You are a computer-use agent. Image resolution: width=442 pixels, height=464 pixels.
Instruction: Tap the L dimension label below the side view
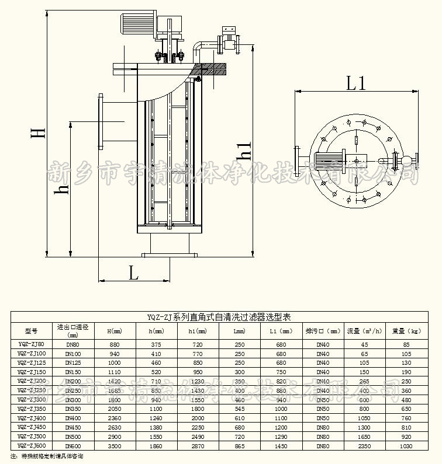coord(133,272)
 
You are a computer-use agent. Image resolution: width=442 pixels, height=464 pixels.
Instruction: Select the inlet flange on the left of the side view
coord(101,121)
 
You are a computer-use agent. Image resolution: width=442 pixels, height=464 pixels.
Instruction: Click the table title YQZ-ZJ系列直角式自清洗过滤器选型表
coord(221,317)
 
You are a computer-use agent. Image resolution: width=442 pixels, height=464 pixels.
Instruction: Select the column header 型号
coord(31,330)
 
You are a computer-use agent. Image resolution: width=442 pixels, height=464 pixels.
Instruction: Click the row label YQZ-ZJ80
coord(31,344)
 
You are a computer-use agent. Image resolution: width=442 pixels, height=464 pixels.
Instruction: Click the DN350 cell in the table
coord(72,409)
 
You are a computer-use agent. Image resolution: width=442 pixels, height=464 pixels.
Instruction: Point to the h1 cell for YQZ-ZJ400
coord(198,418)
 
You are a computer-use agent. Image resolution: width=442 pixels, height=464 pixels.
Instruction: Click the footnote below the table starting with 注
coord(47,456)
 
